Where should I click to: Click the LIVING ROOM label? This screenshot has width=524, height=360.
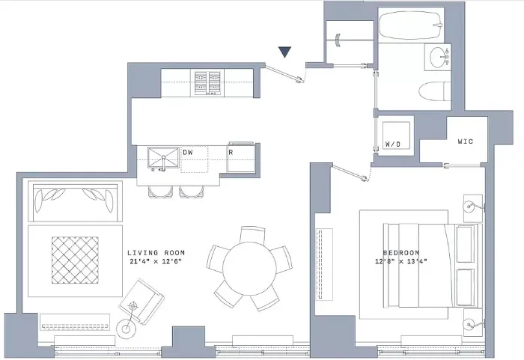click(x=156, y=253)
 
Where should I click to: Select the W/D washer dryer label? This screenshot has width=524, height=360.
click(x=393, y=142)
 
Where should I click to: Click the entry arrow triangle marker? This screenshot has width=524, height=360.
click(x=284, y=52)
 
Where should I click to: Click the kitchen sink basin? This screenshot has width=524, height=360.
click(x=162, y=158)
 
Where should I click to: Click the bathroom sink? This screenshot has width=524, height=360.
click(x=438, y=55)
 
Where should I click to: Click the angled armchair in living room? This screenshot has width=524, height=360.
click(x=142, y=302)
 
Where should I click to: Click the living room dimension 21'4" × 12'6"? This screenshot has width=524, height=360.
click(x=156, y=263)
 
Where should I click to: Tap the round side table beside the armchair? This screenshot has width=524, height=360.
click(x=125, y=327)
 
